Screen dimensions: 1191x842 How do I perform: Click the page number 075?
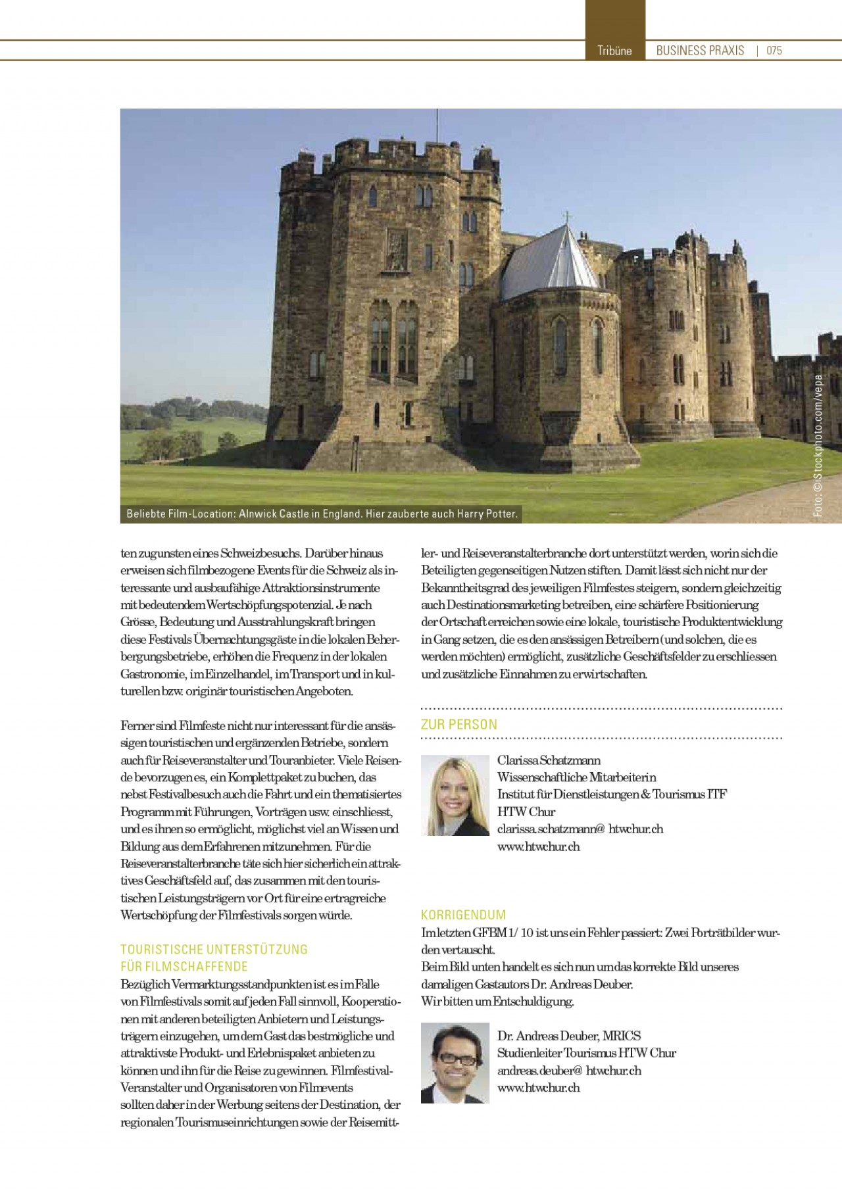tap(774, 51)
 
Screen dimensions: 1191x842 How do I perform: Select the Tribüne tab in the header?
tap(614, 51)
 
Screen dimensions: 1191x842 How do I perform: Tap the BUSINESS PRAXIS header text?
tap(700, 51)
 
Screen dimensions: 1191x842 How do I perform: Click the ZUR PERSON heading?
tap(458, 724)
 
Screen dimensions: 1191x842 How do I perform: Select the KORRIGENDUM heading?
tap(463, 915)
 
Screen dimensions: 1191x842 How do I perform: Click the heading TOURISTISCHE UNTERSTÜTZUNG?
tap(214, 949)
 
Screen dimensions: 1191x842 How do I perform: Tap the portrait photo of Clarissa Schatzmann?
tap(455, 795)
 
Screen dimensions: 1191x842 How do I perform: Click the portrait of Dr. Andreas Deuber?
tap(455, 1062)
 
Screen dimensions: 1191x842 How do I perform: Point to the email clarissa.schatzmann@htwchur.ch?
tap(580, 829)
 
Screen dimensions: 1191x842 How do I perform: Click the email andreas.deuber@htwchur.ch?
tap(568, 1070)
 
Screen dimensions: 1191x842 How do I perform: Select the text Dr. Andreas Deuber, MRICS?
tap(568, 1035)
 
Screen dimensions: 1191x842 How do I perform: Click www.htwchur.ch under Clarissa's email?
tap(538, 846)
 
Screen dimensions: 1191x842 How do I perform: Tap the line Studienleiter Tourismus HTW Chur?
tap(586, 1052)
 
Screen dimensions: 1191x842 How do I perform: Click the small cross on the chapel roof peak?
tap(566, 216)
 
